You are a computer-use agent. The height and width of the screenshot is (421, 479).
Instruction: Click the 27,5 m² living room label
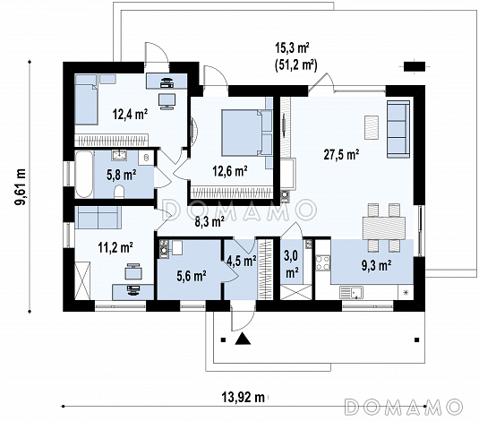coord(341,155)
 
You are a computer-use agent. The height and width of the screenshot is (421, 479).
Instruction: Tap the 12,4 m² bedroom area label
coord(130,115)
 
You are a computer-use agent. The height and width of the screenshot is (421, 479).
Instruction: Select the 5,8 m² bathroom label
coord(121,175)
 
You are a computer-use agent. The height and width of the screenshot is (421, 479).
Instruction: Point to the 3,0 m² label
coord(292,264)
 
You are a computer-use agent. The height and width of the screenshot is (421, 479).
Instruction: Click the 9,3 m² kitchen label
coord(377,265)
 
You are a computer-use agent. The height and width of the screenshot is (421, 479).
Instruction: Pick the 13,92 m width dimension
coord(243,398)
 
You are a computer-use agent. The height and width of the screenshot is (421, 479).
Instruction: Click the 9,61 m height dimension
coord(21,187)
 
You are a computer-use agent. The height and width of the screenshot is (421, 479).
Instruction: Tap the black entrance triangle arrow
coord(243,339)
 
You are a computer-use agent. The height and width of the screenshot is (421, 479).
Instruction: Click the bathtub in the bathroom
coord(84,174)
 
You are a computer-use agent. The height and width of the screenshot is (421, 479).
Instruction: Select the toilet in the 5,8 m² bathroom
coord(119,192)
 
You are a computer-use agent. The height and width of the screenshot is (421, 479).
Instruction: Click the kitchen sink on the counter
coord(351,292)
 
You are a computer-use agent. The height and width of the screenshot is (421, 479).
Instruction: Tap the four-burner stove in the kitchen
coord(323,263)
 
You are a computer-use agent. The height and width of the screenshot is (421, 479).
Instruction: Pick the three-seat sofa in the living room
coord(398,129)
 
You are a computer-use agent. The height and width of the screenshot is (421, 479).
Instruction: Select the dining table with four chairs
coord(384,228)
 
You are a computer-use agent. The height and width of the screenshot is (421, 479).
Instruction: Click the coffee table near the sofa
coord(372,127)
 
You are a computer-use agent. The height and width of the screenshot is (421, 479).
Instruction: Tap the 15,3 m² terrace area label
coord(293,48)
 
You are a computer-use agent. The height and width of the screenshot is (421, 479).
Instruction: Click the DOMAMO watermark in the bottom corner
coord(403,407)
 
